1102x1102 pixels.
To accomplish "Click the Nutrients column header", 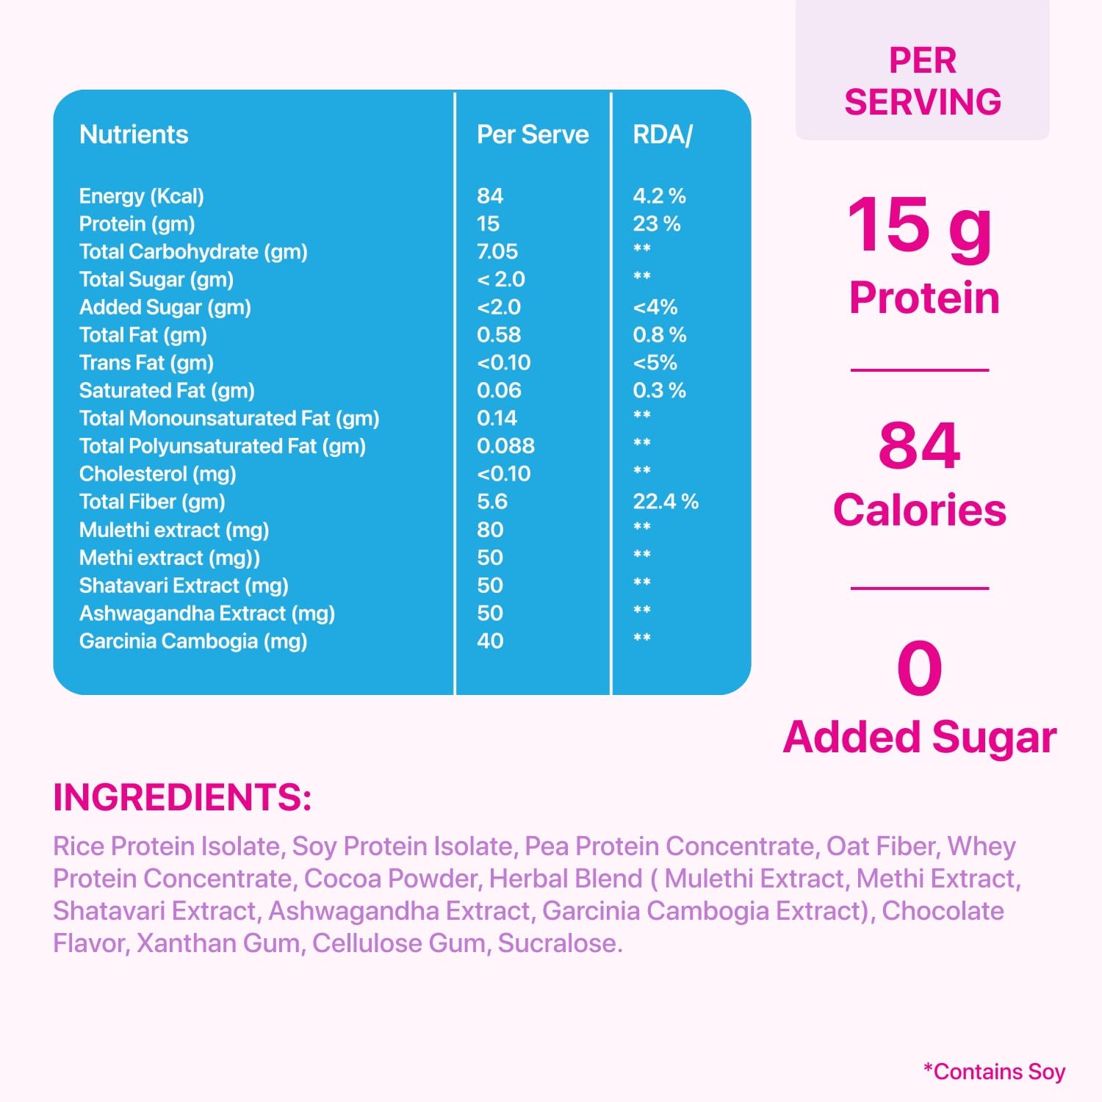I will click(134, 134).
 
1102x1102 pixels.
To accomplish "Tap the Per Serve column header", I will click(533, 134).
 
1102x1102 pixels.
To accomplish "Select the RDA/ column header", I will click(662, 134).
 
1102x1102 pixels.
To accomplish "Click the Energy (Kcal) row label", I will click(141, 196).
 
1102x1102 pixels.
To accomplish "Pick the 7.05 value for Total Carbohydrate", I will click(497, 251).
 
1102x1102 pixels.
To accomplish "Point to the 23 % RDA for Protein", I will click(656, 223).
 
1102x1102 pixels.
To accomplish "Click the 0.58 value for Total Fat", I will click(498, 335).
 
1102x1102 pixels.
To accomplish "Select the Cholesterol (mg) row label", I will click(157, 474).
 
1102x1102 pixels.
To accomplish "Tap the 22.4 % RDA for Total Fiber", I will click(665, 502).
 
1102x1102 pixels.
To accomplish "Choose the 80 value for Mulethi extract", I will click(489, 530).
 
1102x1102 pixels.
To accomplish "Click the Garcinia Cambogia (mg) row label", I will click(192, 641).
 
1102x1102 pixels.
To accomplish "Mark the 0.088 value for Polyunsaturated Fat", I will click(505, 446).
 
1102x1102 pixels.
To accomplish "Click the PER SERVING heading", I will click(922, 81).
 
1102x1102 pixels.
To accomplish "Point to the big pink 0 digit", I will click(919, 668).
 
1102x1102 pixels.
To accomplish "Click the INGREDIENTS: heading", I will click(182, 797).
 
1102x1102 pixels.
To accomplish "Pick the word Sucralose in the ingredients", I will click(560, 943).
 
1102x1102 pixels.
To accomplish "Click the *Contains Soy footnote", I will click(994, 1072).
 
